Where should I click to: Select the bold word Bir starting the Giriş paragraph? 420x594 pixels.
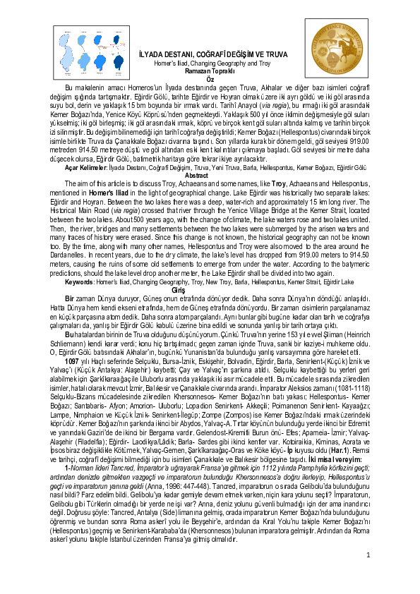[x=69, y=297]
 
